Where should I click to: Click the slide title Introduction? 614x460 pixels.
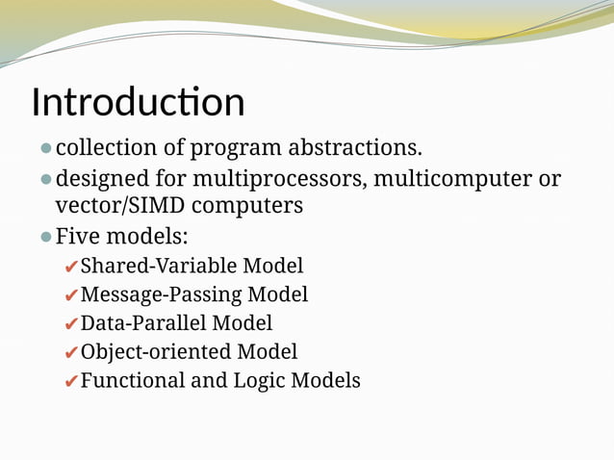click(138, 102)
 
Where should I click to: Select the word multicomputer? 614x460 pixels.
click(454, 179)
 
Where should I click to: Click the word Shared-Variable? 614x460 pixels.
click(158, 266)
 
